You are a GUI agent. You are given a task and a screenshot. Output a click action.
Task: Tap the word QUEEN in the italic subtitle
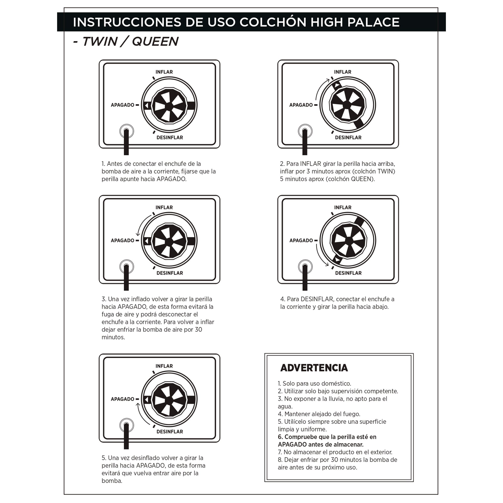click(155, 41)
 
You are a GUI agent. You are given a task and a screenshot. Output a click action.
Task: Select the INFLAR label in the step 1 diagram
click(164, 72)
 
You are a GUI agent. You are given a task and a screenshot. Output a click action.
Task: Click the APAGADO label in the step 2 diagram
click(301, 105)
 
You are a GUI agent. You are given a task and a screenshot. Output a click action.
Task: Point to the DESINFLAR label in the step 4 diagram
click(348, 273)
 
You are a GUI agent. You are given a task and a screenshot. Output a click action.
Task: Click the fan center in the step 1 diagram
click(169, 105)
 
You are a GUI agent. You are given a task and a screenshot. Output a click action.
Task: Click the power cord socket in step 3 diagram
click(127, 267)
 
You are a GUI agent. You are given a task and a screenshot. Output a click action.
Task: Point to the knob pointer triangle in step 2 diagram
click(337, 85)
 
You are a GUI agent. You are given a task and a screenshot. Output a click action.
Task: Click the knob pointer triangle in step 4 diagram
click(338, 260)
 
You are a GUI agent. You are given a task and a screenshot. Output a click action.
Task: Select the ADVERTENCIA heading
click(314, 368)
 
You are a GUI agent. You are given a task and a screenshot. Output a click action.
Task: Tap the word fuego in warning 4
click(353, 414)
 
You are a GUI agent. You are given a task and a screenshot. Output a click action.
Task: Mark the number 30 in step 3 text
click(198, 330)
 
